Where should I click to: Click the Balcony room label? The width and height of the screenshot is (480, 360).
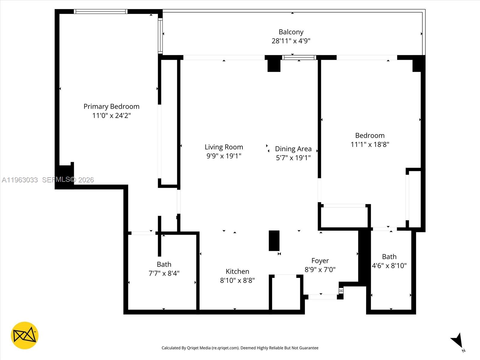click(291, 32)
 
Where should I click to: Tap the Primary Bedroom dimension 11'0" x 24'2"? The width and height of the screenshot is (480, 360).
click(111, 115)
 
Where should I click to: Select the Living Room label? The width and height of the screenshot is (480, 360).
click(224, 147)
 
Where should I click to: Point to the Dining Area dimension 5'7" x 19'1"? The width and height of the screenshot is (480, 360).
click(293, 158)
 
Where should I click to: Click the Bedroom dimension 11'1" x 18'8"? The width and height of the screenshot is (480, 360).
click(370, 145)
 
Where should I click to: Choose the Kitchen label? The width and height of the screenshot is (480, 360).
click(237, 271)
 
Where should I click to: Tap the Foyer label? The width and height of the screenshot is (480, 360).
click(320, 261)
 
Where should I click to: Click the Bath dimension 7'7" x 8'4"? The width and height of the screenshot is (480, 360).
click(164, 273)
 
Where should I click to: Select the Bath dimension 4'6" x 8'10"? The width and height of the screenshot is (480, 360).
click(389, 266)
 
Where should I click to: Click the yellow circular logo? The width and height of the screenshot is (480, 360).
click(25, 335)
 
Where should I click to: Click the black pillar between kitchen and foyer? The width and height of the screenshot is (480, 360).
click(274, 241)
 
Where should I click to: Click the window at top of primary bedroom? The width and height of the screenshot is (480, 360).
click(100, 12)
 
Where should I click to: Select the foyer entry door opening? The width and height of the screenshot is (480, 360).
click(322, 297)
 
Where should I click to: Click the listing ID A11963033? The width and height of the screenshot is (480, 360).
click(20, 180)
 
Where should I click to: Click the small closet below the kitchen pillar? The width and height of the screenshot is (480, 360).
click(286, 292)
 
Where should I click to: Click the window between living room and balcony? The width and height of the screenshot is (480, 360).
click(299, 58)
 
